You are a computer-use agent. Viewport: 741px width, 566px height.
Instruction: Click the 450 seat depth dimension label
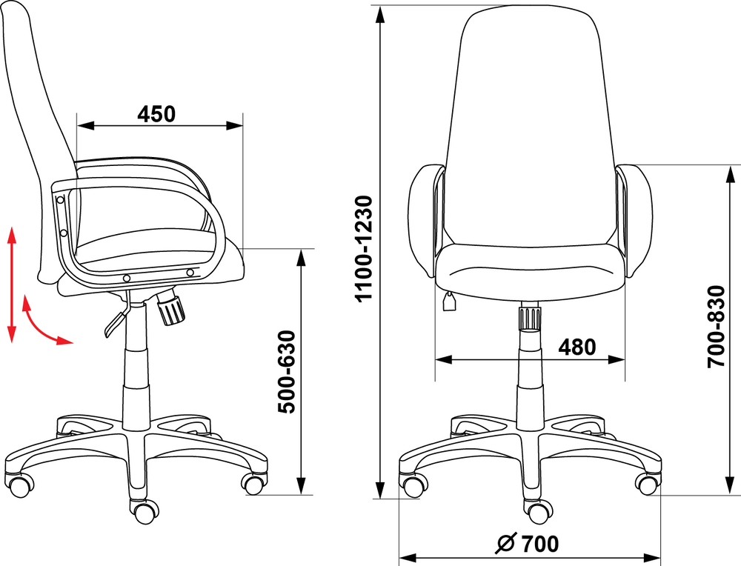(156, 114)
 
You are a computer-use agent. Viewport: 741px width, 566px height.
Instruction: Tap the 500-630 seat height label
(287, 372)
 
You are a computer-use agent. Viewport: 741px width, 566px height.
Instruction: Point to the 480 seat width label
(577, 347)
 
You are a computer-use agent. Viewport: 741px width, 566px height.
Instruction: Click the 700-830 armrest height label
(717, 327)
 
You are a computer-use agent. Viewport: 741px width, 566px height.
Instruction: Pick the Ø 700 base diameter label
(527, 544)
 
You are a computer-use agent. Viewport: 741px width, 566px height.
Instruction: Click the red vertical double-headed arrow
(12, 284)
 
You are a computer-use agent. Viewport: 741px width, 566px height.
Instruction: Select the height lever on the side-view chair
(117, 316)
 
